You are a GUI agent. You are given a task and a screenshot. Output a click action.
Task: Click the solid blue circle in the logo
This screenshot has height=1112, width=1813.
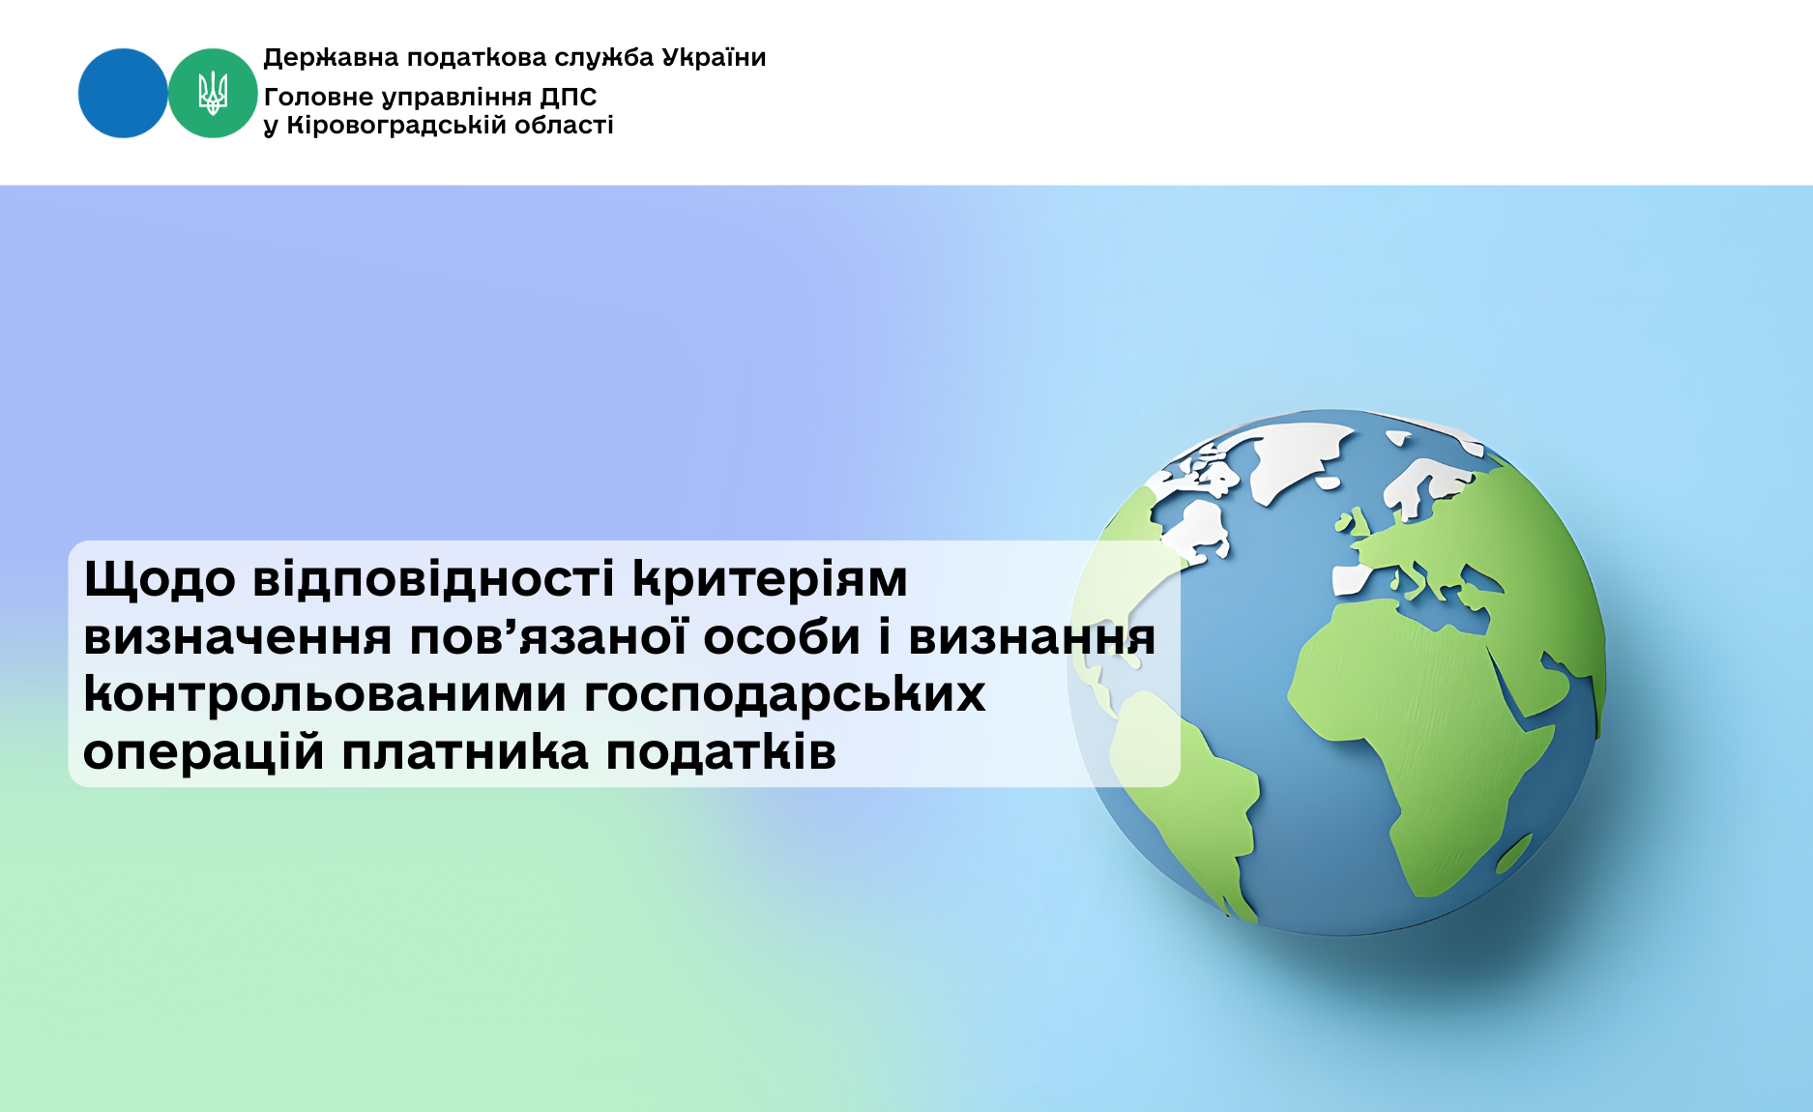123,93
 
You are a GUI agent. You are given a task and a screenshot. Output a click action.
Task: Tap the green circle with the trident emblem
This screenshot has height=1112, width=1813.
213,93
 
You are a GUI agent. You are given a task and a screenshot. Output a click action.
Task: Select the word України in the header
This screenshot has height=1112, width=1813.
714,57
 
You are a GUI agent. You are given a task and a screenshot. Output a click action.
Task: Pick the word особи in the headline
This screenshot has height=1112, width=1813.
781,637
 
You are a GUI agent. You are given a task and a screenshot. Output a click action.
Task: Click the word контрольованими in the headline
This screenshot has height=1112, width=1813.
324,694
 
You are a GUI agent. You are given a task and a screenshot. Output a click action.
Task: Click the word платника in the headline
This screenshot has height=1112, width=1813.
464,752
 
